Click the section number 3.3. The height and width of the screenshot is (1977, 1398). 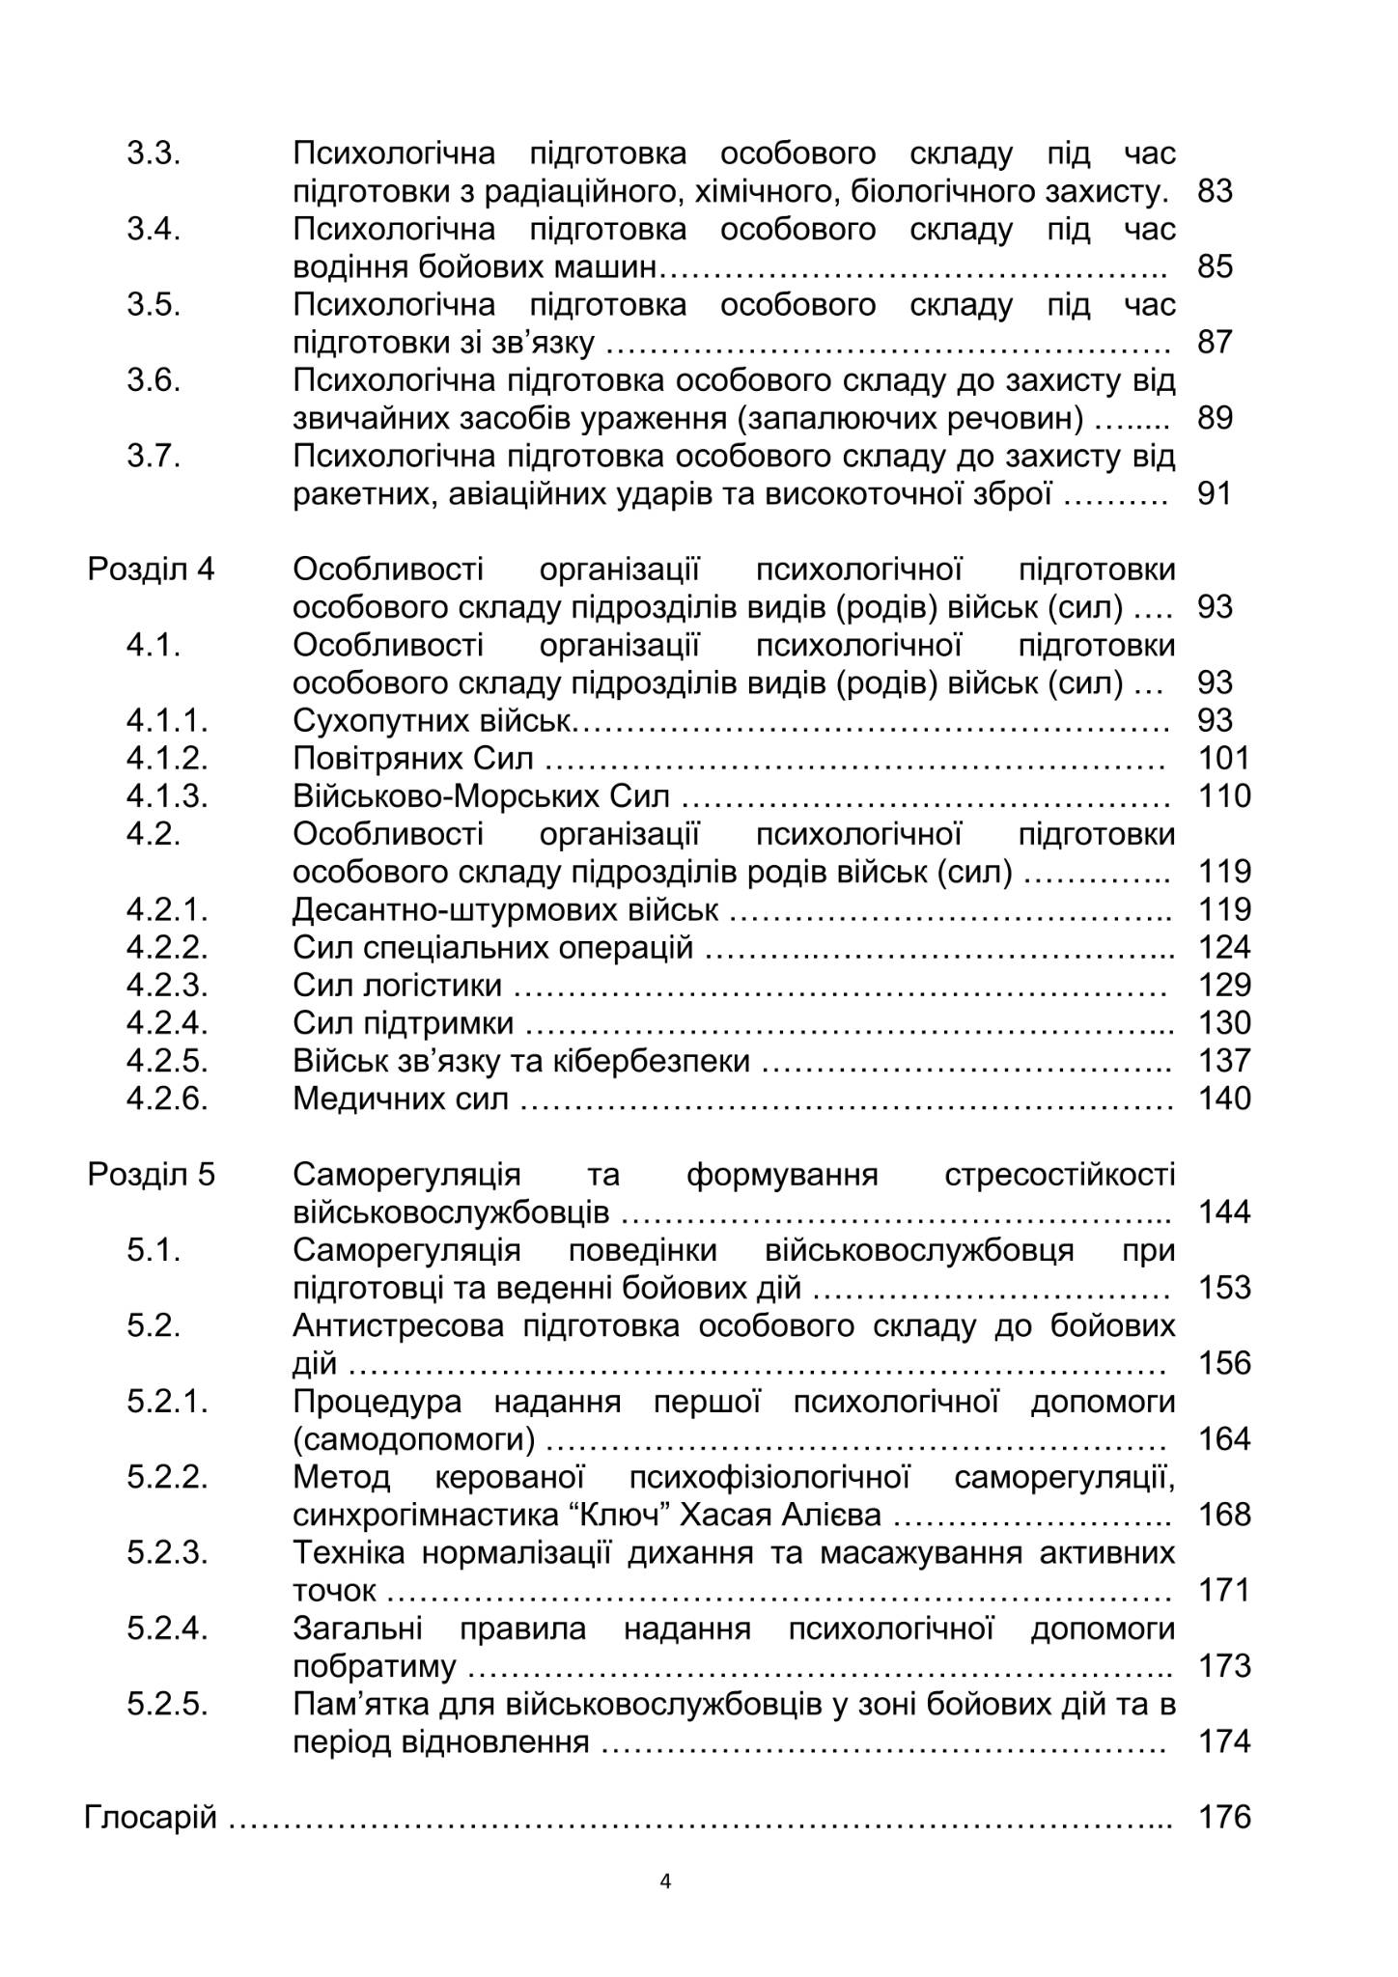point(154,153)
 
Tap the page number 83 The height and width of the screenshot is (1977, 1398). point(1215,191)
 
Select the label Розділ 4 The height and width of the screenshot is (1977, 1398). point(152,570)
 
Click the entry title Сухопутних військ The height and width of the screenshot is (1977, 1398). point(432,721)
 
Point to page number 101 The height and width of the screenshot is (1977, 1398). point(1223,759)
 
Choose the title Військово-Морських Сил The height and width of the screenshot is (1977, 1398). point(481,796)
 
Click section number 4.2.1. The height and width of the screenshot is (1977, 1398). point(167,909)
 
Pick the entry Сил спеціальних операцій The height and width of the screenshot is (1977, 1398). point(492,948)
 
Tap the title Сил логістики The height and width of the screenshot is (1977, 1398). point(397,986)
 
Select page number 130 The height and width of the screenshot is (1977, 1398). point(1223,1023)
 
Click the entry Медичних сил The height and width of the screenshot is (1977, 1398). point(400,1099)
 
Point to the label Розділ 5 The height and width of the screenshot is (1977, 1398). point(152,1175)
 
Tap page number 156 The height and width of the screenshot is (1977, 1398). point(1223,1363)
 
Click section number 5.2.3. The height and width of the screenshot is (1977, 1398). point(167,1552)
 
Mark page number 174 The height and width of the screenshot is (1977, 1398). point(1223,1741)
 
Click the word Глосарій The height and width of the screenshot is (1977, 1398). point(151,1818)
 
